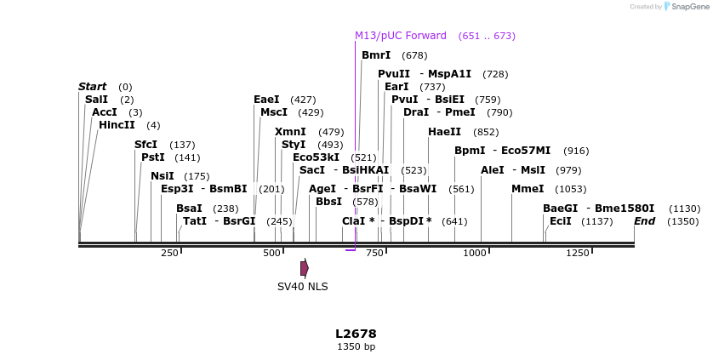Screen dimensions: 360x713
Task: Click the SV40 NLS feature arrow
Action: [304, 268]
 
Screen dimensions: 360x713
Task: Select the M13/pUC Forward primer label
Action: [400, 36]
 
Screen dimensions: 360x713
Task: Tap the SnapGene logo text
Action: [690, 6]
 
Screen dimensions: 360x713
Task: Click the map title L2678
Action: [356, 334]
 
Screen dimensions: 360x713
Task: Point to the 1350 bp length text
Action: [356, 346]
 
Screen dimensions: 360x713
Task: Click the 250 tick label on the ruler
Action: [169, 253]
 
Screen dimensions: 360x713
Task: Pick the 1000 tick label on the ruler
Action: [475, 253]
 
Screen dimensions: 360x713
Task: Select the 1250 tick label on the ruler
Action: [578, 253]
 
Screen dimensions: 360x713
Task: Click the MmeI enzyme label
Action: [527, 189]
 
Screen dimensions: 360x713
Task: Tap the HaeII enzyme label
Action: [444, 132]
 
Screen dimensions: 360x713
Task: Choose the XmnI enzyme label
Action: [290, 132]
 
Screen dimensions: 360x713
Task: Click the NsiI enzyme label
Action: [163, 176]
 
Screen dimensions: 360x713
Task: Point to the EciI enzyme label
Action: [561, 221]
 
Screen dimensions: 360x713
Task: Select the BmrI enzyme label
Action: [376, 55]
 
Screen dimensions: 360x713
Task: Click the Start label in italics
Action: [92, 87]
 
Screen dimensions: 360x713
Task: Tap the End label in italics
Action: [644, 221]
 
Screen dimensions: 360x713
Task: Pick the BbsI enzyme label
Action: [328, 202]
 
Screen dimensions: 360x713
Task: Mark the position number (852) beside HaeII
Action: [486, 132]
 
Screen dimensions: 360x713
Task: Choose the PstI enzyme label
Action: [153, 157]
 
